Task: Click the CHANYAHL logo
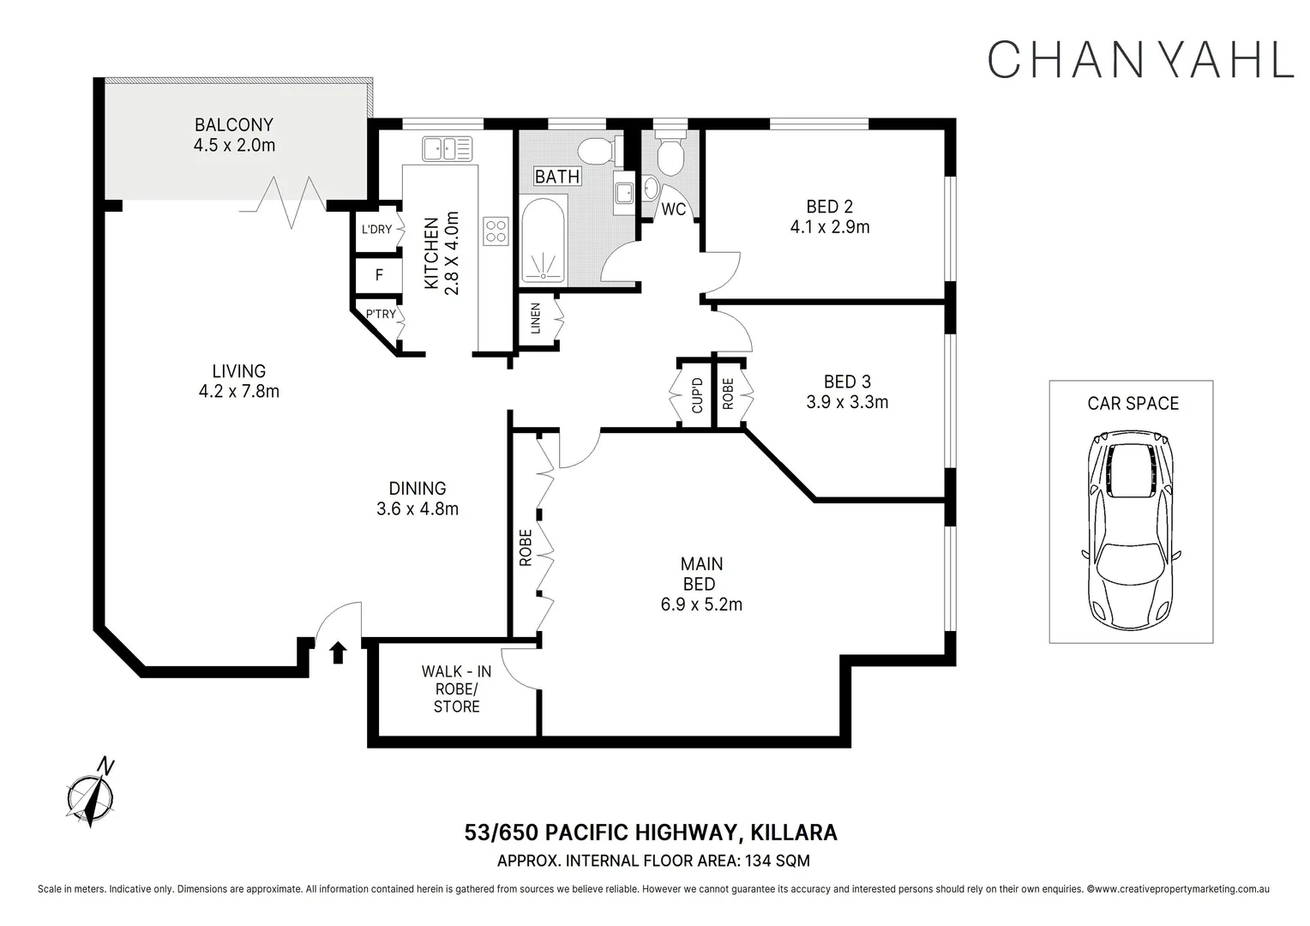click(1140, 59)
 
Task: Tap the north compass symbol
click(91, 794)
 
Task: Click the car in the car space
click(1131, 531)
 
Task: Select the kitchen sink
click(448, 148)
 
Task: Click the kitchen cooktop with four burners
click(496, 231)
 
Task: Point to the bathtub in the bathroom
click(544, 240)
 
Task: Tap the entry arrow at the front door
click(338, 652)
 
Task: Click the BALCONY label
click(234, 124)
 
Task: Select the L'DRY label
click(376, 229)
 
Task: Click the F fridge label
click(379, 275)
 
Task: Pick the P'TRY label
click(381, 314)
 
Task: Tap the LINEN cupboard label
click(536, 318)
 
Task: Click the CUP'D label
click(697, 395)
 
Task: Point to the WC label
click(673, 209)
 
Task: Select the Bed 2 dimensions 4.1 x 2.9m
click(830, 227)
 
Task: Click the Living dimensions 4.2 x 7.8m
click(238, 391)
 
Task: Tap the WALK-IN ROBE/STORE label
click(456, 688)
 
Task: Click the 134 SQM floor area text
click(777, 861)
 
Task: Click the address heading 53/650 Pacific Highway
click(603, 832)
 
